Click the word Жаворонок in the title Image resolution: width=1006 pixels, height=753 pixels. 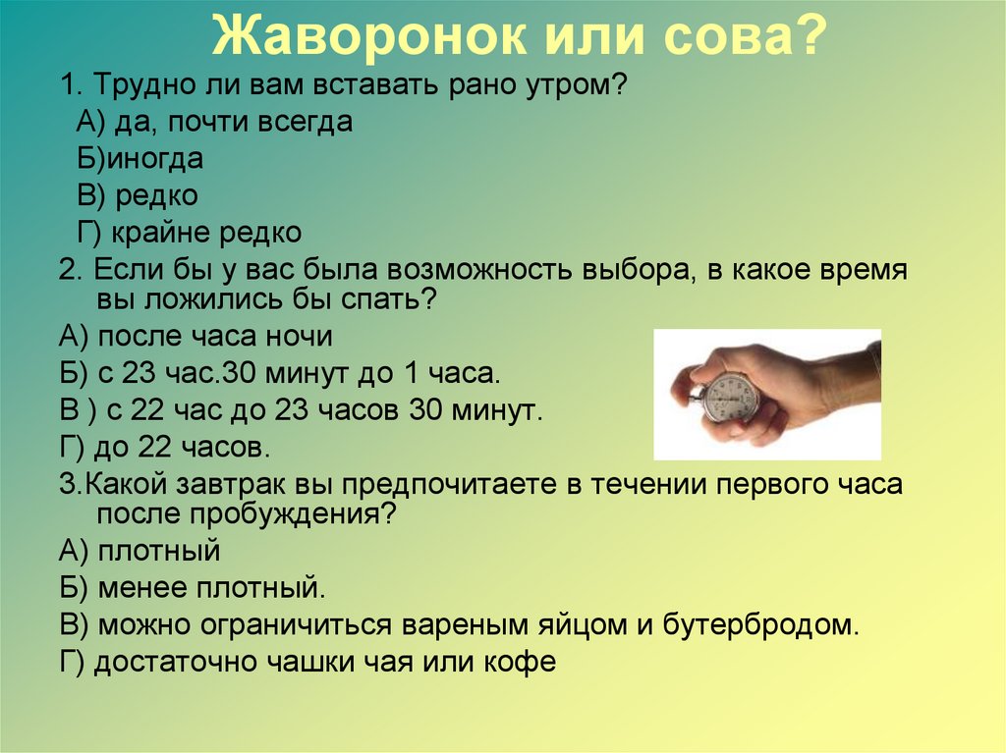pyautogui.click(x=368, y=35)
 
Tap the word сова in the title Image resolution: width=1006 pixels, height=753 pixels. pyautogui.click(x=724, y=36)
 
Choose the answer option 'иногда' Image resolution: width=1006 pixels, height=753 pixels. pyautogui.click(x=154, y=159)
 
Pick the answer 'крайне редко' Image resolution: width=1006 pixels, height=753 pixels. pyautogui.click(x=206, y=233)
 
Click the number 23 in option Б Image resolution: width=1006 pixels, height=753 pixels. pyautogui.click(x=139, y=373)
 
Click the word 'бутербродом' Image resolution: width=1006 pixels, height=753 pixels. pyautogui.click(x=760, y=624)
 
